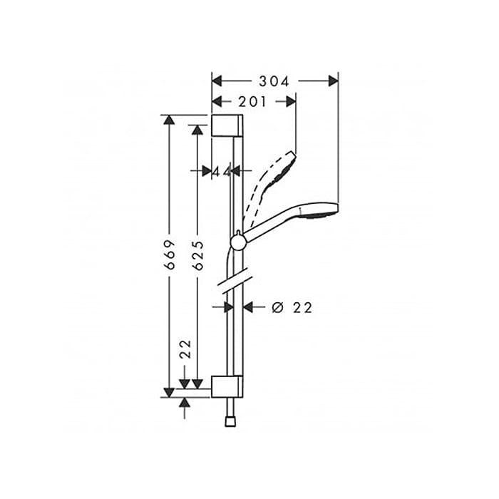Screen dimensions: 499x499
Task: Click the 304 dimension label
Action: [x=274, y=81]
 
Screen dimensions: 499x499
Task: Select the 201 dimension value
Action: [x=252, y=102]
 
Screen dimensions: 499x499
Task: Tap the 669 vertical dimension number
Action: [x=170, y=254]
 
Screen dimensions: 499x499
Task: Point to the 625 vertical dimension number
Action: [x=198, y=255]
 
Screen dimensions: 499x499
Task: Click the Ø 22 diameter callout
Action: [x=292, y=308]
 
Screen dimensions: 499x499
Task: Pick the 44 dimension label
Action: [x=222, y=172]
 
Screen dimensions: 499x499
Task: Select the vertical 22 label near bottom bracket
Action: [x=185, y=349]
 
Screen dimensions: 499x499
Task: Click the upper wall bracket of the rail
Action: [x=227, y=125]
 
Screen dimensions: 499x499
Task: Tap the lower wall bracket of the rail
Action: [x=227, y=386]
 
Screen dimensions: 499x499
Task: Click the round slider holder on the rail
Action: [x=237, y=242]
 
